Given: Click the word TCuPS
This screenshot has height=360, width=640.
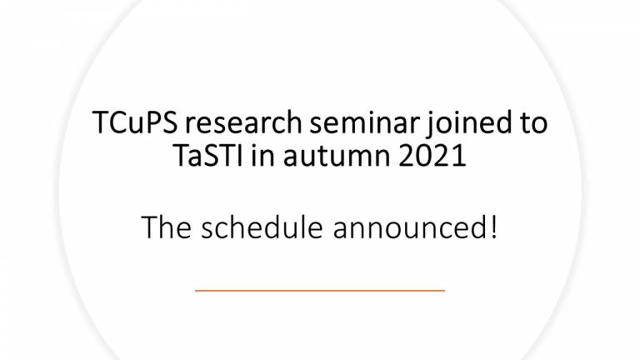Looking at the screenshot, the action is click(135, 122).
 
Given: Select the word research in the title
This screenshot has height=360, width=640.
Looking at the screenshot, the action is click(243, 122).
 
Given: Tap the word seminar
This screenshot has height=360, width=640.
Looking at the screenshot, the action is click(364, 122).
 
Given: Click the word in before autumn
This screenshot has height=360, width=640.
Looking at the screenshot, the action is click(262, 155).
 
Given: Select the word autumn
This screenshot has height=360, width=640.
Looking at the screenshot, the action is click(337, 157).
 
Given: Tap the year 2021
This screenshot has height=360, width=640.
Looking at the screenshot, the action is click(432, 156).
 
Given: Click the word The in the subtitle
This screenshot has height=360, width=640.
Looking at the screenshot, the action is click(167, 227).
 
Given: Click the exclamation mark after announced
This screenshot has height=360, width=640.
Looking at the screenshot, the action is click(494, 227).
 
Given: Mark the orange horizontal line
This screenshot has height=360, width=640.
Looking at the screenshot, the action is click(320, 291).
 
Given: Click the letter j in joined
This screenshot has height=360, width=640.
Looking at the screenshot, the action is click(429, 125).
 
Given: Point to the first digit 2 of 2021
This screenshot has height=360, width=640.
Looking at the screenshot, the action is click(406, 156).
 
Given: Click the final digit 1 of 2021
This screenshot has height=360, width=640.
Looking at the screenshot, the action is click(460, 156).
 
